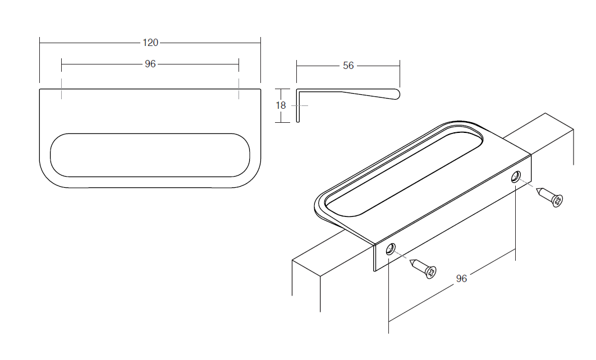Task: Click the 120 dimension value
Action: [x=150, y=43]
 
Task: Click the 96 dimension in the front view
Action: [x=150, y=64]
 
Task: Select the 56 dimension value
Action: [x=348, y=66]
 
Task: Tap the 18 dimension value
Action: [x=281, y=105]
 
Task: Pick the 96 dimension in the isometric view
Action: [x=461, y=279]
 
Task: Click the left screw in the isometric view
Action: [x=424, y=269]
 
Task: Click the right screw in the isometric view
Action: [x=550, y=197]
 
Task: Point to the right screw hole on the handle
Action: [x=515, y=177]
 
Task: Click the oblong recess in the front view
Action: [x=150, y=155]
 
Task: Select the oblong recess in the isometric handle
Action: [x=404, y=172]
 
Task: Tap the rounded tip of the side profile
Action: [x=397, y=95]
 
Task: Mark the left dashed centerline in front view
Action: [x=62, y=89]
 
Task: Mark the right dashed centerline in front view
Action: [x=239, y=89]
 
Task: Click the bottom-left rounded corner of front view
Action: [x=49, y=177]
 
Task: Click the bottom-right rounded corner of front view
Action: [x=251, y=177]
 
